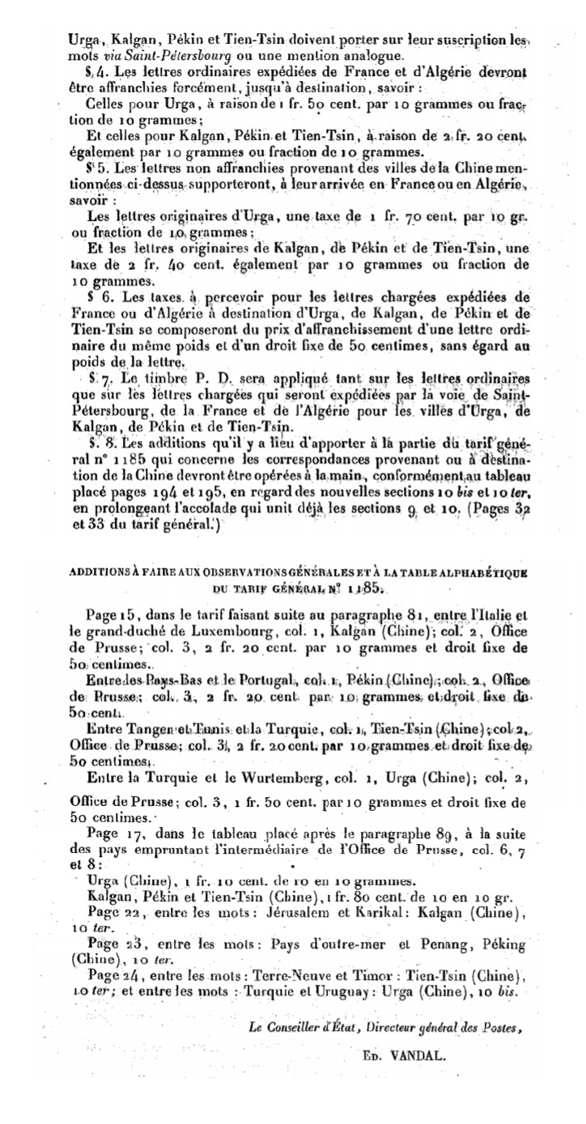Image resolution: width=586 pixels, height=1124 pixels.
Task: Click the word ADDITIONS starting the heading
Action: coord(91,573)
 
